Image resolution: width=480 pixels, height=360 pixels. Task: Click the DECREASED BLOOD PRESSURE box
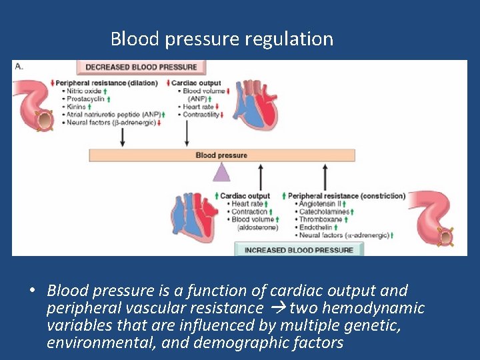pos(141,67)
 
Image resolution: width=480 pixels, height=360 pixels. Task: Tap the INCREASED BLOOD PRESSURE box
pos(299,249)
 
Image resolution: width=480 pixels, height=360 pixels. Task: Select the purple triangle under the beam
pos(221,172)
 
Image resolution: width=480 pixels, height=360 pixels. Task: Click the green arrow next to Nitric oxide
pos(105,91)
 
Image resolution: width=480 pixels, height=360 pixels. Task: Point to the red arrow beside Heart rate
pos(217,107)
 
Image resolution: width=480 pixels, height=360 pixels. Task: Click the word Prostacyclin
pos(85,99)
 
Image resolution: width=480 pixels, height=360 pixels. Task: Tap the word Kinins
pos(76,107)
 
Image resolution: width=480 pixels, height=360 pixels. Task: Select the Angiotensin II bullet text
pos(320,203)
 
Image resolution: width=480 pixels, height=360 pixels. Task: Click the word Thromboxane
pos(321,219)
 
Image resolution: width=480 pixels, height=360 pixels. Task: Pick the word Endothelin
pos(315,227)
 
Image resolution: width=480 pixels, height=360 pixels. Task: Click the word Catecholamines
pos(324,211)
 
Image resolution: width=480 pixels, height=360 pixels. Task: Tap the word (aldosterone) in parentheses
pos(258,227)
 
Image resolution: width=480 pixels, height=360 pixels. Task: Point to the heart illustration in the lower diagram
pos(194,217)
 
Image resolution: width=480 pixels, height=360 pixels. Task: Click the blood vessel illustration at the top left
pos(33,105)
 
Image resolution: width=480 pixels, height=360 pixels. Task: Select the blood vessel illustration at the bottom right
pos(432,218)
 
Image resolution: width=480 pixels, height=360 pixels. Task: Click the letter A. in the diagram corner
pos(19,66)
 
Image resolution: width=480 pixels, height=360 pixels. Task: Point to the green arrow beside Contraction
pos(271,211)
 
